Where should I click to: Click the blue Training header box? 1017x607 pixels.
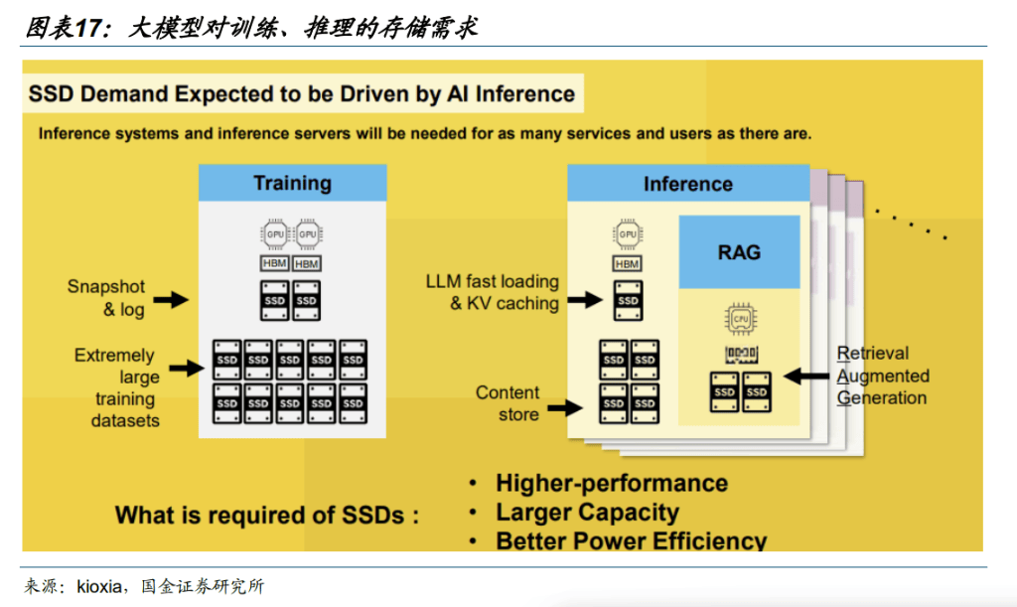(x=292, y=183)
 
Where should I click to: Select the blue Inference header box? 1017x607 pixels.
(x=687, y=185)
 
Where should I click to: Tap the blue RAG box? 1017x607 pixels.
(x=739, y=252)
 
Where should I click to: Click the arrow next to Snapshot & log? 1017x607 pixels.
(x=171, y=299)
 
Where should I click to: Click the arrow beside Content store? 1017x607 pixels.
(x=566, y=406)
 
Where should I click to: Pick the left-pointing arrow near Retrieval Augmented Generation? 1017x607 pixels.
(x=806, y=377)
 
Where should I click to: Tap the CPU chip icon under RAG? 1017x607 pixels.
(x=739, y=321)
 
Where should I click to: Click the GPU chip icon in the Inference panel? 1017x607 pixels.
(x=628, y=234)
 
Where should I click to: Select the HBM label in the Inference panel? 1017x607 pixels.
(x=627, y=264)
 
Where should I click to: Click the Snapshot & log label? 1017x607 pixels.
(x=106, y=298)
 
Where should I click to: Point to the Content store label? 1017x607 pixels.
(x=508, y=403)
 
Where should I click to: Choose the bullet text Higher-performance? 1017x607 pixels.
(x=612, y=484)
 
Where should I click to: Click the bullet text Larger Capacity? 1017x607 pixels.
(x=587, y=513)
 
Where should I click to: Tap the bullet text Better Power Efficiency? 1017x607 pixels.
(x=632, y=541)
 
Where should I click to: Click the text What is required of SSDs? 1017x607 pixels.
(x=266, y=516)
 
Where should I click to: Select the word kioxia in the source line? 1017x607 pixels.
(x=100, y=586)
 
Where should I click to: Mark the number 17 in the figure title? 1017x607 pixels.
(x=89, y=29)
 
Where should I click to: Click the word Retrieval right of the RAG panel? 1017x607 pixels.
(x=873, y=354)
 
